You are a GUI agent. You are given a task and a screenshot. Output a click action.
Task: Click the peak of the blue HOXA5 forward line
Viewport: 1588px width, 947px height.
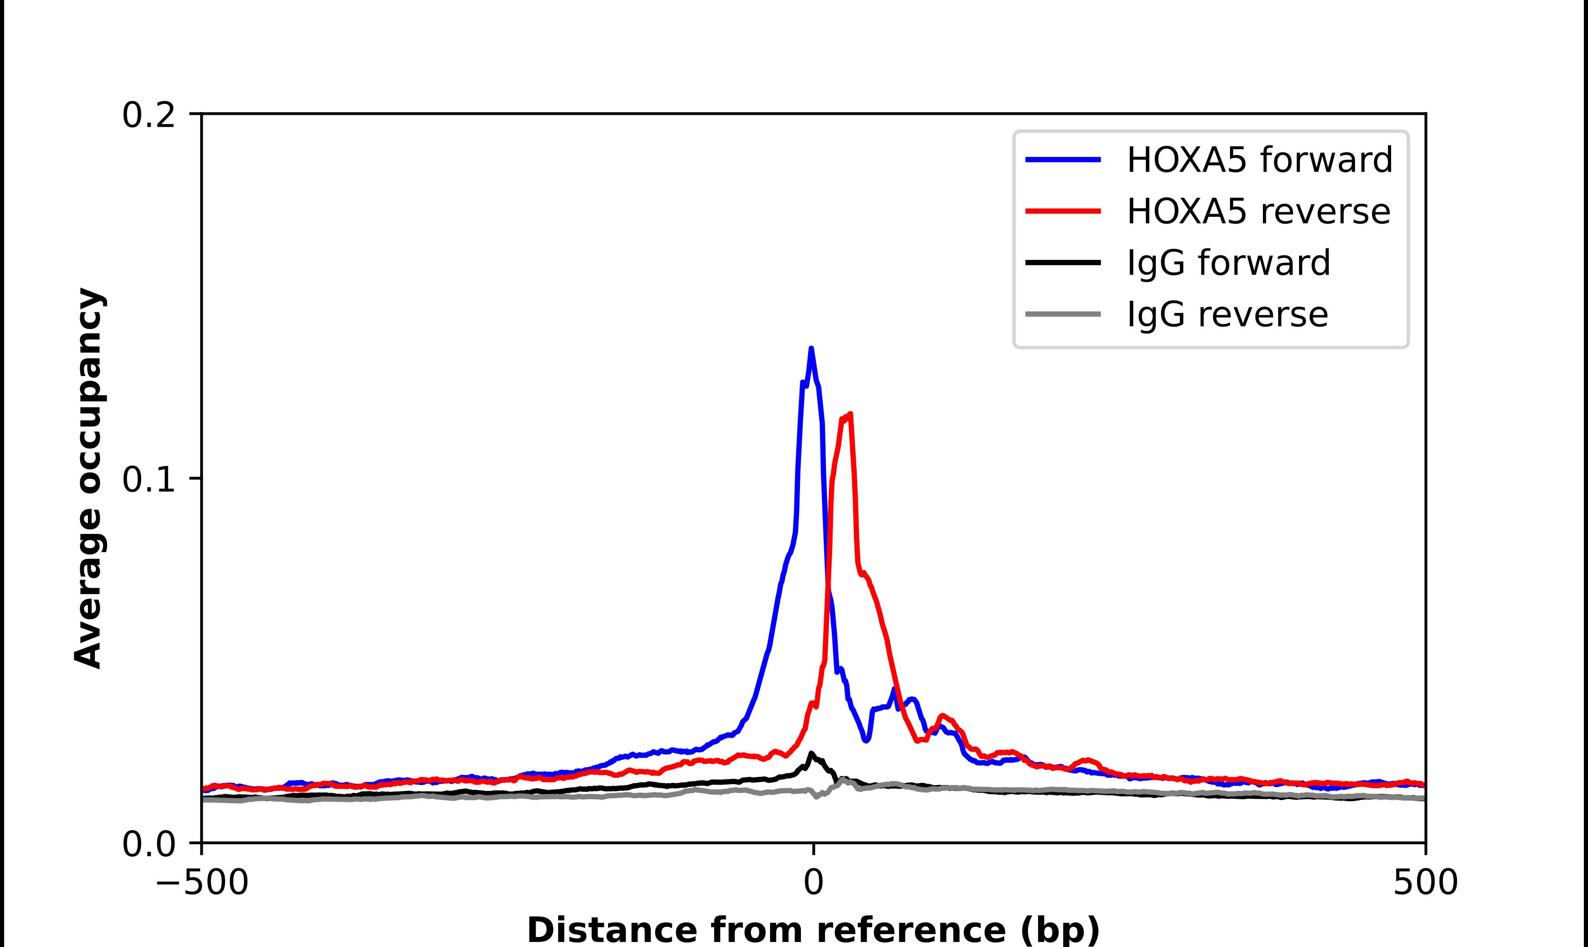click(x=811, y=349)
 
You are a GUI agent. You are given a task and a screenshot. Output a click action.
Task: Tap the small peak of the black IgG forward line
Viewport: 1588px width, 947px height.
click(x=811, y=753)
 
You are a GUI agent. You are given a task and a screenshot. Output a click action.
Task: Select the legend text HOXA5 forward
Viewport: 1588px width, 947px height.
click(x=1259, y=160)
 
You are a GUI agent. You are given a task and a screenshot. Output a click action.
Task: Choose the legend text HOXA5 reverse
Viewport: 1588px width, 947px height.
click(x=1258, y=211)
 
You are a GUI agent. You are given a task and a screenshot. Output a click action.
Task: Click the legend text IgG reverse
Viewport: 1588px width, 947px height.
click(x=1227, y=314)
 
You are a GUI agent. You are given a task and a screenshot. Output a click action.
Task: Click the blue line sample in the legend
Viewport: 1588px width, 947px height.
click(x=1063, y=160)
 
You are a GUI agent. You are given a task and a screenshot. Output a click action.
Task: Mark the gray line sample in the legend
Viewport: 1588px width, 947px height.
click(x=1063, y=314)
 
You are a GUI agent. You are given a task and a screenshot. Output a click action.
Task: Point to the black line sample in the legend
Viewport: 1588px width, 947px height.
click(x=1063, y=262)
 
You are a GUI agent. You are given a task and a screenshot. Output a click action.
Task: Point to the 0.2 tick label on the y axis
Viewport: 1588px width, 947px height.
click(x=148, y=115)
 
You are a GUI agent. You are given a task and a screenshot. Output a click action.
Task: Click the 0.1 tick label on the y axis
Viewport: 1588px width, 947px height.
click(x=148, y=480)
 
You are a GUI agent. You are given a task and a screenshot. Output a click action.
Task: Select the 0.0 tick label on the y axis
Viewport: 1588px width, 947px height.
click(x=148, y=844)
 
